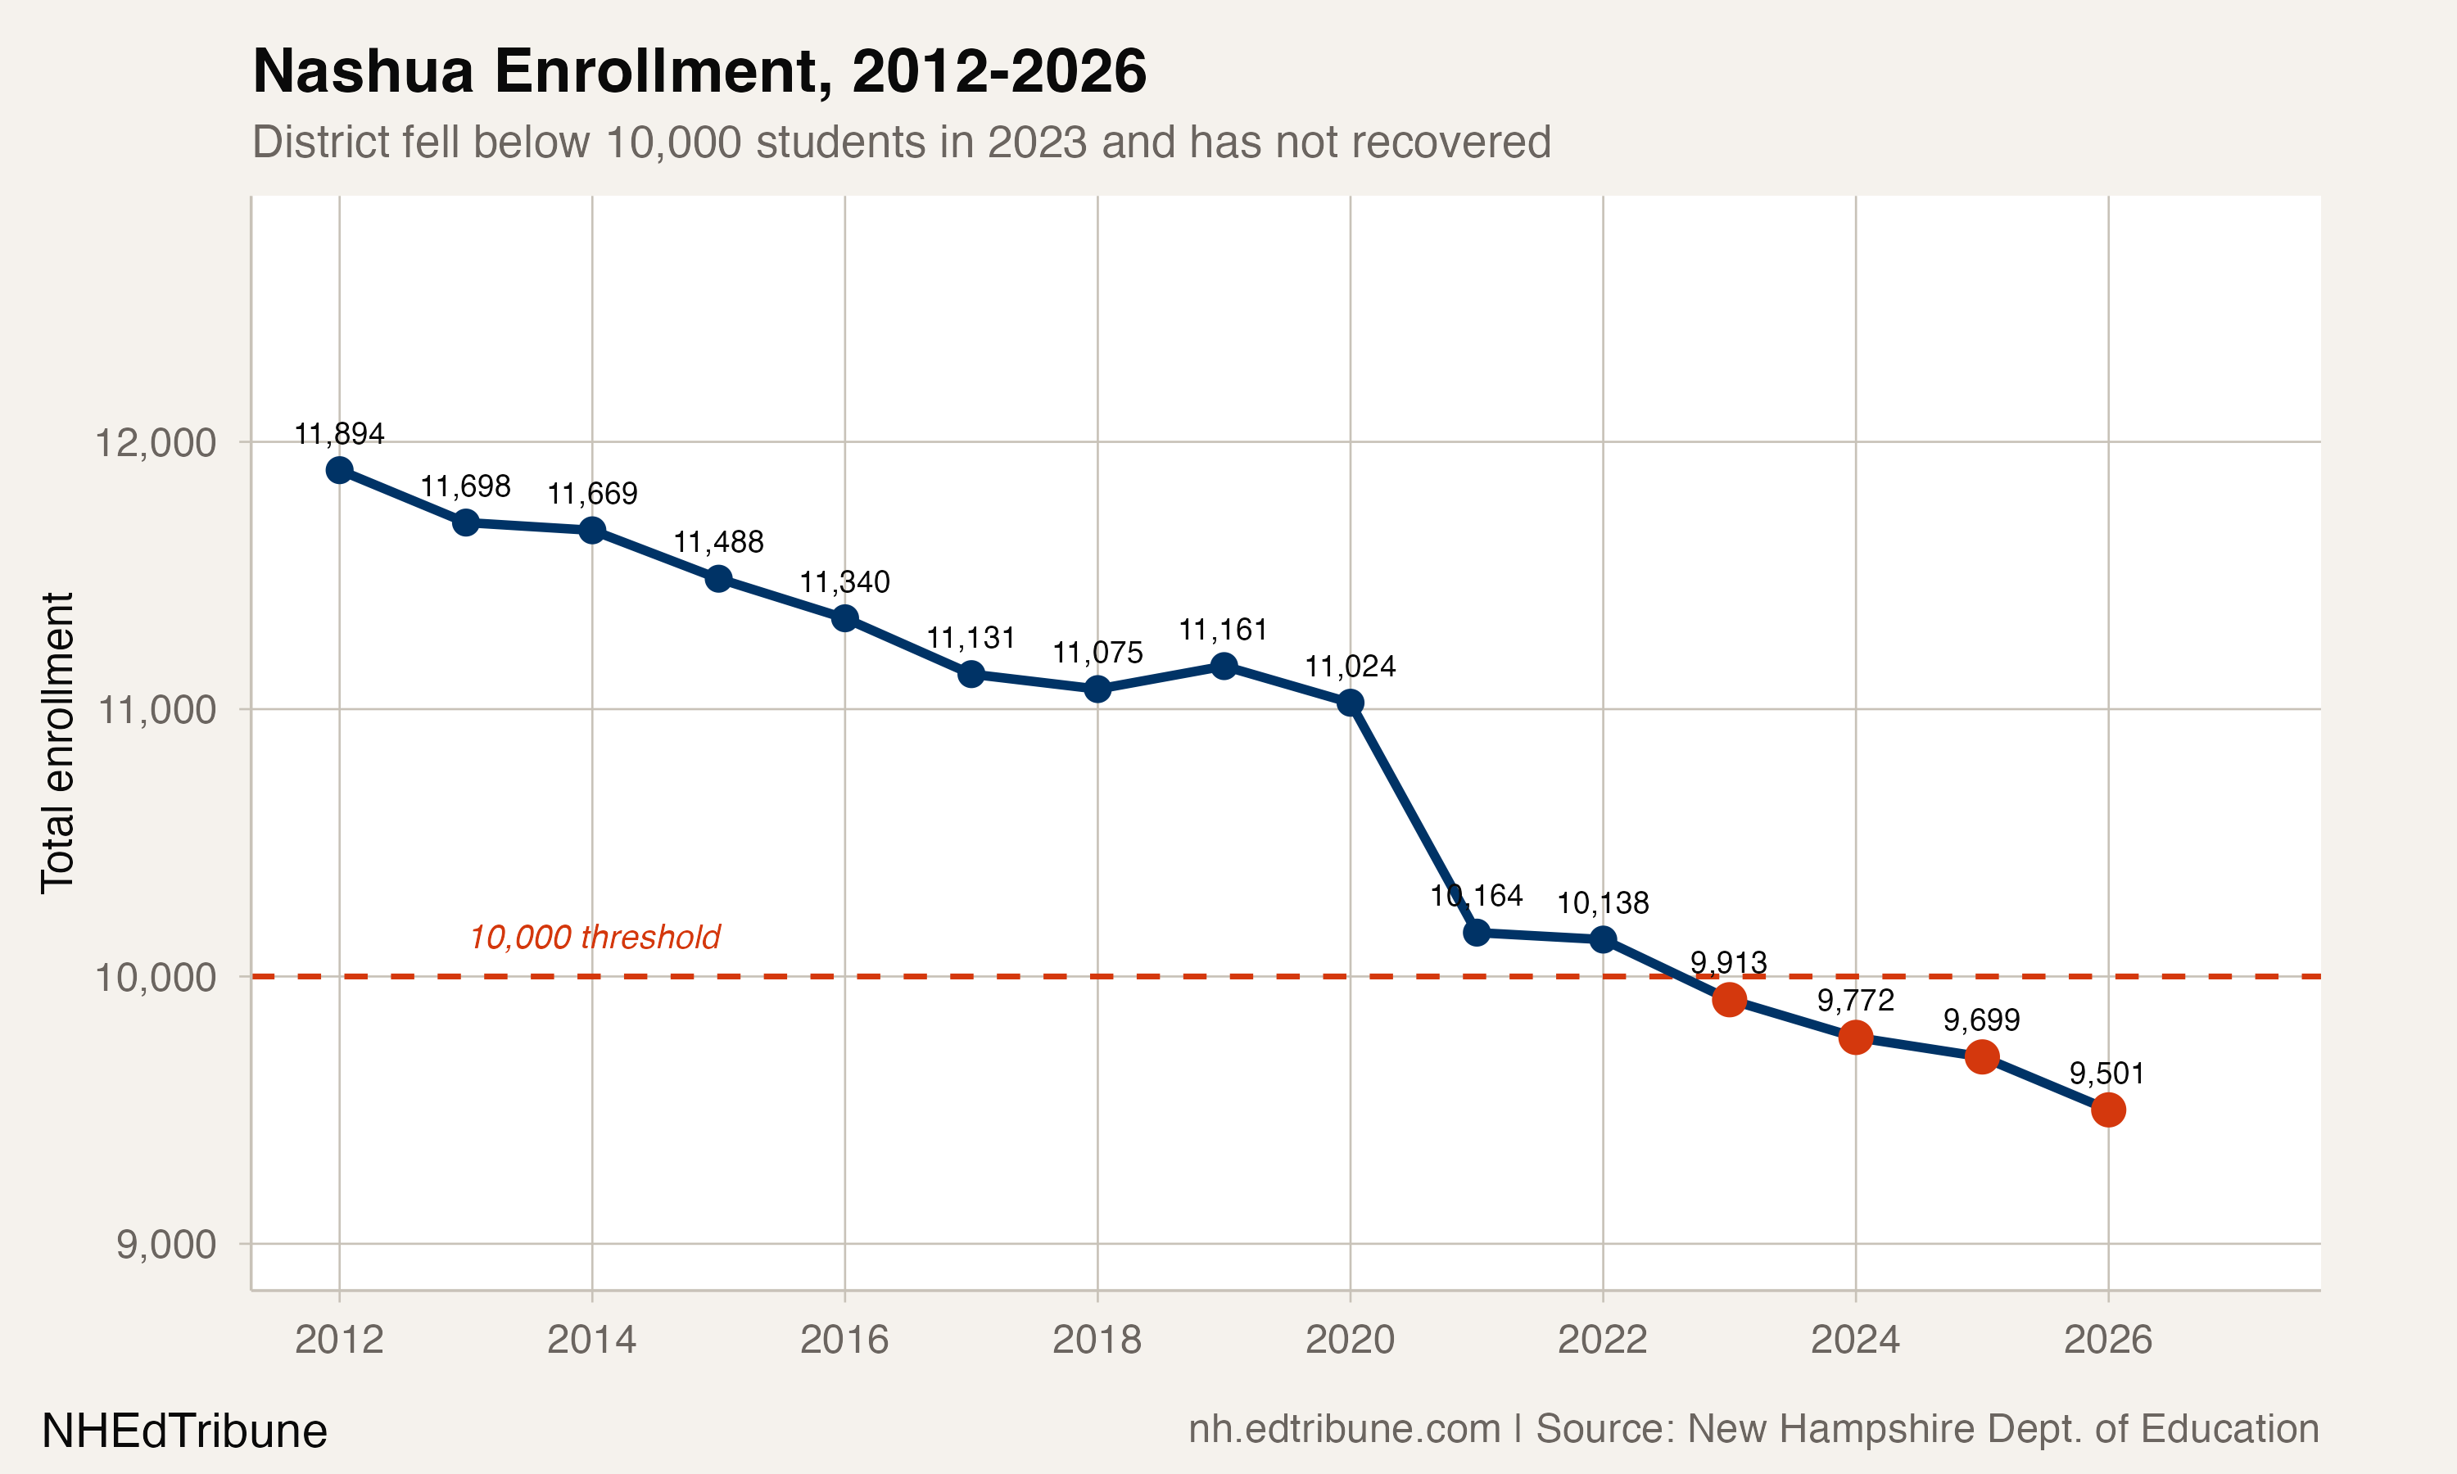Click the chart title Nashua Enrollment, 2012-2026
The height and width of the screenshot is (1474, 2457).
click(699, 71)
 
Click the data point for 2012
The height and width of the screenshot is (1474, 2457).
click(340, 470)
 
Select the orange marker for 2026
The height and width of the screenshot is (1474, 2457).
click(2107, 1110)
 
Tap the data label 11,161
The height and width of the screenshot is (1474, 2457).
click(1223, 630)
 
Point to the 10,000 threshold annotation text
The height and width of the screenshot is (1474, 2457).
click(594, 937)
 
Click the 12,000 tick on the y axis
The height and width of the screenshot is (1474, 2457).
click(155, 442)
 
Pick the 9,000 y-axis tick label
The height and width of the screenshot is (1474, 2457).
click(166, 1244)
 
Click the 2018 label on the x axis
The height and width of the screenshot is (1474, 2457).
click(1097, 1340)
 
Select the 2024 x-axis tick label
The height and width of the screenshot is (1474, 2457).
click(1854, 1340)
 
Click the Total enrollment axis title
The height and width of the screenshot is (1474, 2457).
click(57, 743)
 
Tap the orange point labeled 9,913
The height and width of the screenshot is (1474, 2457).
click(1729, 999)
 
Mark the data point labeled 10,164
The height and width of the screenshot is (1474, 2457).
click(1477, 933)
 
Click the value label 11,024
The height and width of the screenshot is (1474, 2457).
click(1350, 667)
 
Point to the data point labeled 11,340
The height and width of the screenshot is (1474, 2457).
click(845, 617)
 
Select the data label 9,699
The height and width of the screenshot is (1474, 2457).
click(1980, 1020)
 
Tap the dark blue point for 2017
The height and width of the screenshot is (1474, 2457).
click(971, 675)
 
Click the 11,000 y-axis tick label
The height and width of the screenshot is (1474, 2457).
click(155, 709)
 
